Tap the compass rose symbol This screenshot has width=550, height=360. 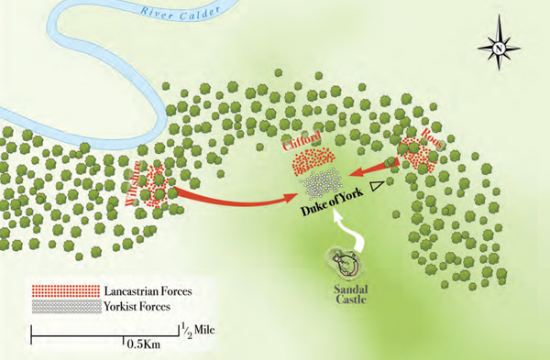pyautogui.click(x=497, y=46)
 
